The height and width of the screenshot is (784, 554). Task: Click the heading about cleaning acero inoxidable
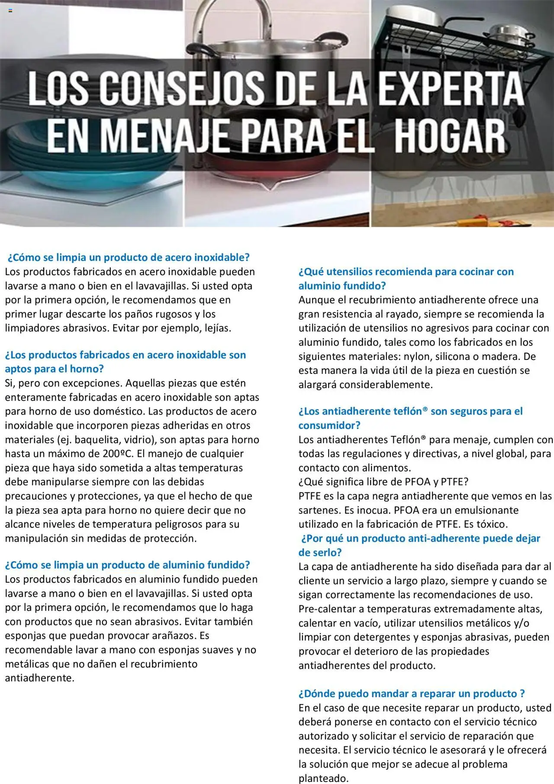click(129, 257)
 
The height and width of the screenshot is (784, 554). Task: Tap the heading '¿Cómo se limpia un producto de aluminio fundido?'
click(128, 565)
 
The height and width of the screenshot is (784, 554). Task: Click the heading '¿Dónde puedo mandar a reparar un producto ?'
click(412, 694)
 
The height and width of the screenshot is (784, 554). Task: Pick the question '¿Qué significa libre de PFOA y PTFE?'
click(383, 482)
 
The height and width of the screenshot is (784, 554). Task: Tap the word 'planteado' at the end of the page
click(323, 778)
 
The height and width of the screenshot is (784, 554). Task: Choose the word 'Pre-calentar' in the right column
click(327, 609)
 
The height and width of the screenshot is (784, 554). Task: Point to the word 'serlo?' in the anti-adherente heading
click(320, 553)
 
